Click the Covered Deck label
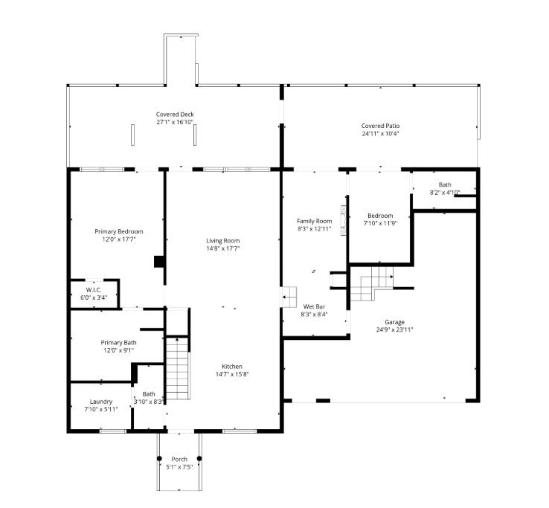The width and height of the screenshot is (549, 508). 175,114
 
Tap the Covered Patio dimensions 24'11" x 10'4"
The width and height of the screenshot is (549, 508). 380,134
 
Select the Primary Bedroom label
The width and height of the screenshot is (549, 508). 118,231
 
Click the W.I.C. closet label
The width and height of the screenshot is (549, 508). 94,290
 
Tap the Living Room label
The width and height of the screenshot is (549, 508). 222,240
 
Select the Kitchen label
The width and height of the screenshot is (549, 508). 231,366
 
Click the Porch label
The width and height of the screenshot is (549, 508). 179,459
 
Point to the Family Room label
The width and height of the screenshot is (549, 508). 314,221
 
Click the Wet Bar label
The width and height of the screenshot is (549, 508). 314,306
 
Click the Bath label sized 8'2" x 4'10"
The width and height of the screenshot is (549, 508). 444,184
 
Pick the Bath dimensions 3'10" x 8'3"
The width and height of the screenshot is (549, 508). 149,402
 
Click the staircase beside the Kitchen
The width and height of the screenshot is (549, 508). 177,359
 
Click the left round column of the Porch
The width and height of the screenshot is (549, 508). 159,458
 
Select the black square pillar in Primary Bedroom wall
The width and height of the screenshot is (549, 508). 158,261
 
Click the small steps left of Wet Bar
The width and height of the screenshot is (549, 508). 289,298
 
